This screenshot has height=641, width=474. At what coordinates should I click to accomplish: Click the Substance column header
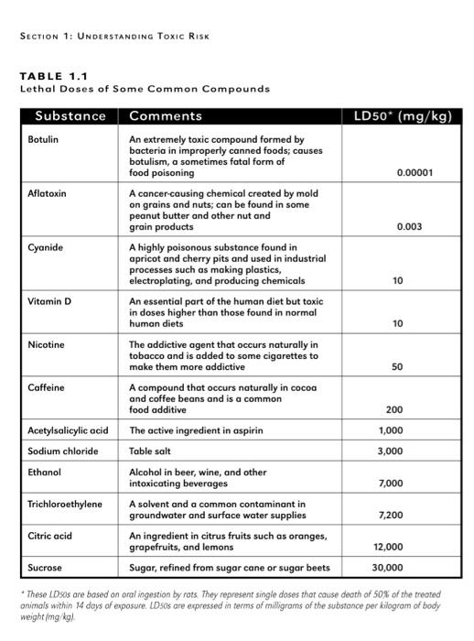[70, 116]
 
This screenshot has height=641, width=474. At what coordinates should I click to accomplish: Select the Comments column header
[166, 116]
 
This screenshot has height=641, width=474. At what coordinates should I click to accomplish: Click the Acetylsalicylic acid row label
[69, 430]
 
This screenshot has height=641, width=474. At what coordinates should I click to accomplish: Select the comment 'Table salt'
[150, 451]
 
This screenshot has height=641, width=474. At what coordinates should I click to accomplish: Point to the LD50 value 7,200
[391, 516]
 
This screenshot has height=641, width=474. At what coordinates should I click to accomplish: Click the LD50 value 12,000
[388, 547]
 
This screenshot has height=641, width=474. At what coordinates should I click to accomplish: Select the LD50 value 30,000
[388, 568]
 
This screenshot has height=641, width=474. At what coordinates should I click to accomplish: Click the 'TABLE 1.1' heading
[53, 77]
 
